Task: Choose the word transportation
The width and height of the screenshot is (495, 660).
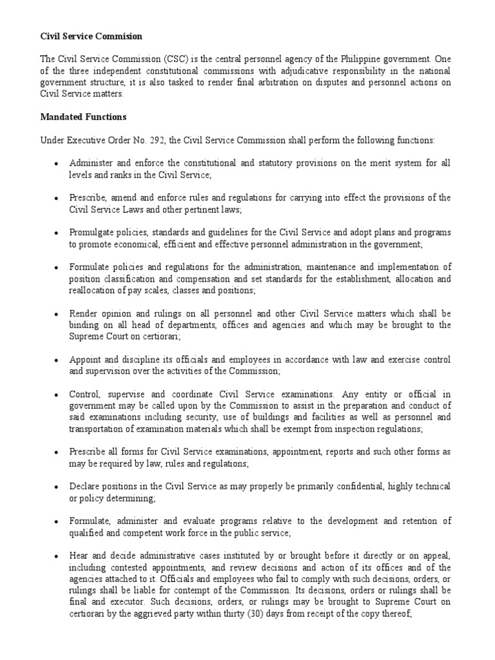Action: (99, 429)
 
